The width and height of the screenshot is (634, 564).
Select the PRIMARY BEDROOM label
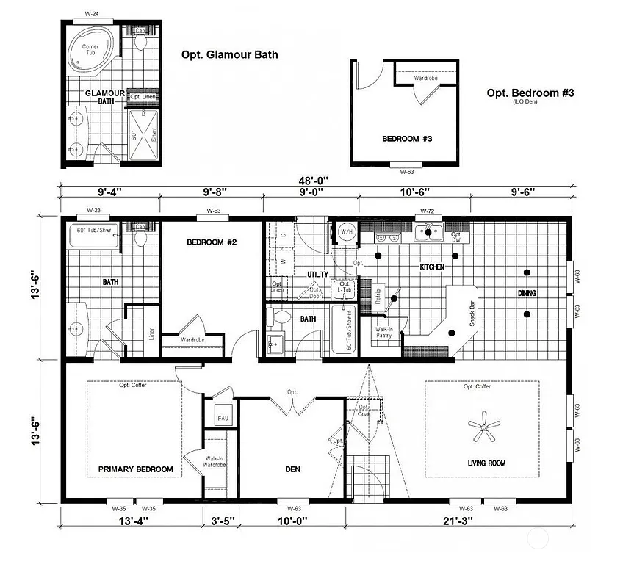coord(136,469)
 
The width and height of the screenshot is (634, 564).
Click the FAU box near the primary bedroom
coord(222,418)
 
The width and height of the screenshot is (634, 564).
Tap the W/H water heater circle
coord(347,233)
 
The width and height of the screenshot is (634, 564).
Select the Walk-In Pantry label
coord(384,332)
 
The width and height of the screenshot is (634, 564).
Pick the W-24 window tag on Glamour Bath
coord(92,13)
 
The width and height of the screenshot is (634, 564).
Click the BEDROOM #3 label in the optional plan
coord(402,139)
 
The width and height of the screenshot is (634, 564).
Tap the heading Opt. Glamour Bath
coord(229,54)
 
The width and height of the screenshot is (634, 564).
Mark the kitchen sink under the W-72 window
coord(427,234)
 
